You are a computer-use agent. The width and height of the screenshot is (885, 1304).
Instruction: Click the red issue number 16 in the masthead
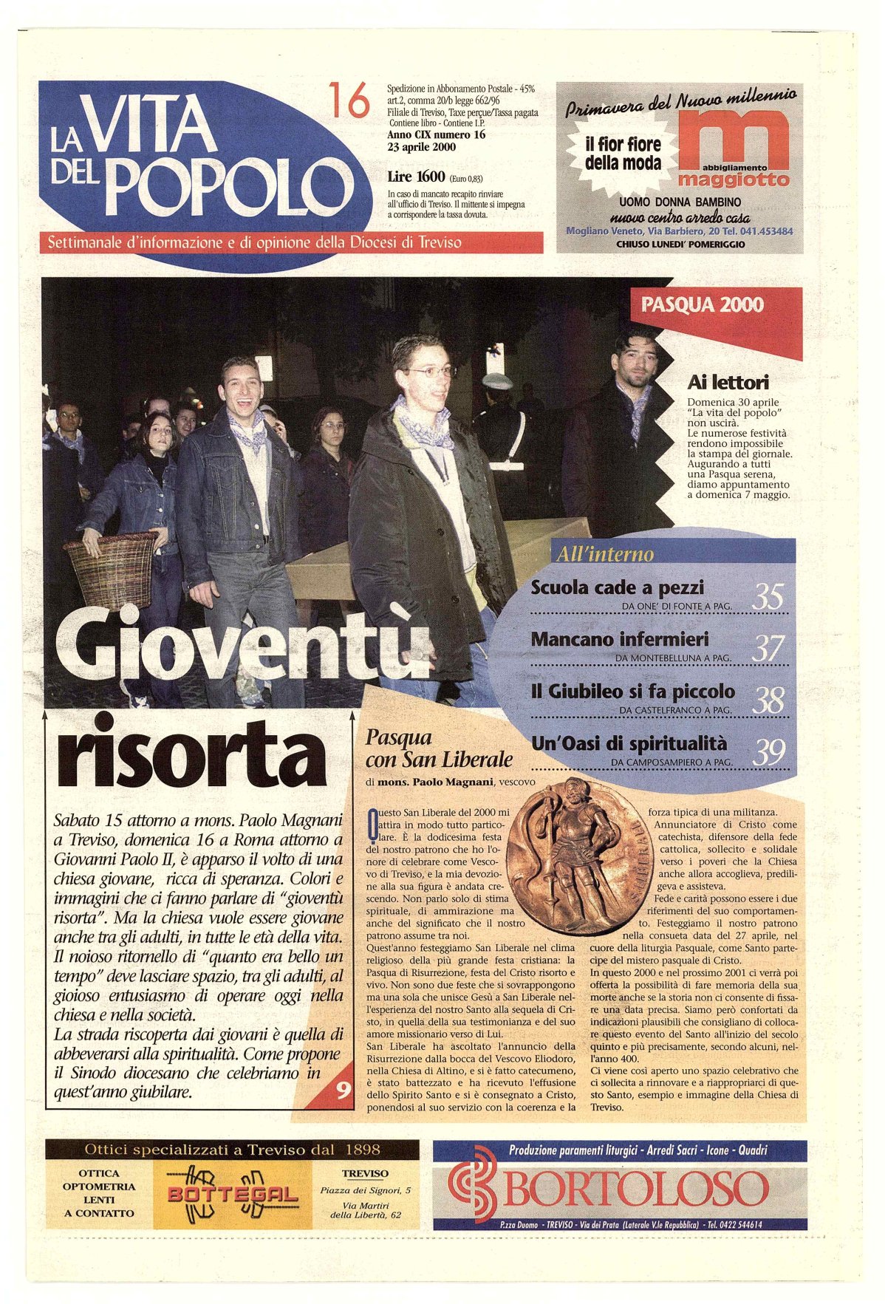coord(349,100)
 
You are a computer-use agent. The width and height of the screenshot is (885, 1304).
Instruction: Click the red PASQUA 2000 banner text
coord(702,304)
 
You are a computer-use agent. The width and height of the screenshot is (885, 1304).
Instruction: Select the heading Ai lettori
coord(727,382)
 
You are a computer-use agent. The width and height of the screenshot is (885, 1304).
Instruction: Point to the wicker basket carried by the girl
coord(111,570)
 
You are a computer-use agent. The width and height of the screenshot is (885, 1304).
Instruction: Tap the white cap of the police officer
coord(497,381)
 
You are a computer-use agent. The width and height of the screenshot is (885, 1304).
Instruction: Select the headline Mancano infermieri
coord(619,639)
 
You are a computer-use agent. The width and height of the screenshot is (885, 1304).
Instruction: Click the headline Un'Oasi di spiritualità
coord(629,743)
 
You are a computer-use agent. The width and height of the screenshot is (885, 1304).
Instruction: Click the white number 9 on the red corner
coord(344,1090)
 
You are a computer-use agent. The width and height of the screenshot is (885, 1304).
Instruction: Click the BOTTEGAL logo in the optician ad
coord(233,1195)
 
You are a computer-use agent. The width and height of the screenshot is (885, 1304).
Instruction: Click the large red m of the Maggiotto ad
coord(733,137)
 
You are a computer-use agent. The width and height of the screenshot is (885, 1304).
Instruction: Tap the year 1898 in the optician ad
coord(362,1149)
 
